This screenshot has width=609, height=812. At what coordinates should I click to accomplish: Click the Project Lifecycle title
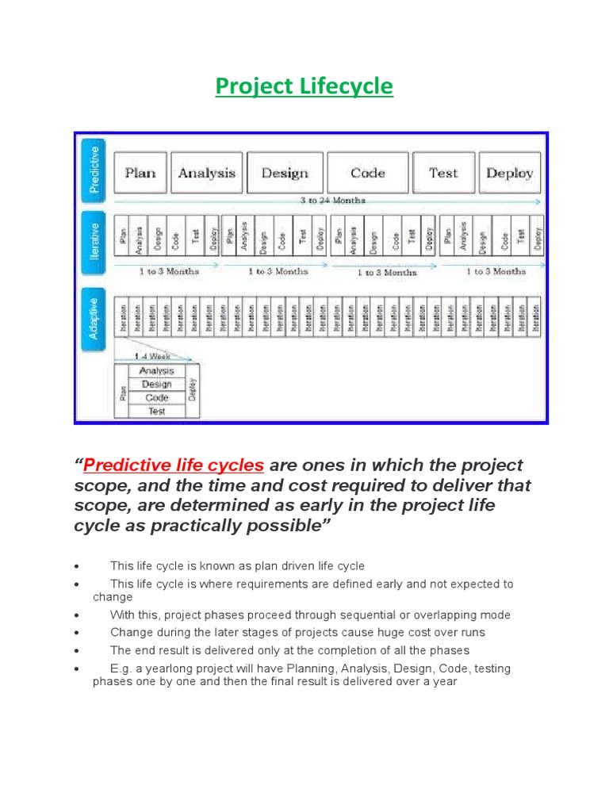point(304,86)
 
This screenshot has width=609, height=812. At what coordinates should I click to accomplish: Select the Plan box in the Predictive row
point(140,173)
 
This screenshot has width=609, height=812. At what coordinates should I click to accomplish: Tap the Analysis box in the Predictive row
point(206,173)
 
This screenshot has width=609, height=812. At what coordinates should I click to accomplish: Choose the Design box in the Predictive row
point(284,173)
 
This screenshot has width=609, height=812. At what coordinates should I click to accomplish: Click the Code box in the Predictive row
point(368,173)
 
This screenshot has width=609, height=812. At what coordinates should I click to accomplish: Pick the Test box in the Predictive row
point(443,173)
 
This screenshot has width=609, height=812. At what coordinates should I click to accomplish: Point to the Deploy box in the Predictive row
point(509,173)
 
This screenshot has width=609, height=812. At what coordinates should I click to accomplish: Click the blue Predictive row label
point(94,168)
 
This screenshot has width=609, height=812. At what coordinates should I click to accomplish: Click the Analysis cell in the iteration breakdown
point(156,370)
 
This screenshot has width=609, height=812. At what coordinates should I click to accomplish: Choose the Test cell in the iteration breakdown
point(156,411)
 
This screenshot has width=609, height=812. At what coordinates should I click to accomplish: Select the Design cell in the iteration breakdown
point(156,384)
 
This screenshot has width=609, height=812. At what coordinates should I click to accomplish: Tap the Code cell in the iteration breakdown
point(156,397)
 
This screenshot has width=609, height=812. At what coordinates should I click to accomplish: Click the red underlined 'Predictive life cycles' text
point(174,465)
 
